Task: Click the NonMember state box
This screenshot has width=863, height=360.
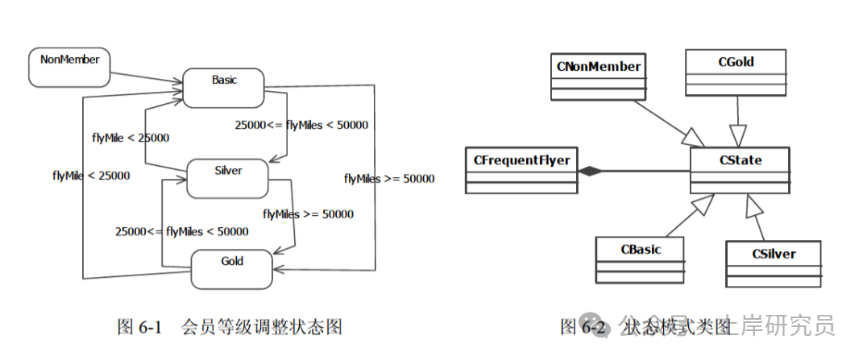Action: (x=68, y=68)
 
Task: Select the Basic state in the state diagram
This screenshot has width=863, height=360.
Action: (x=224, y=87)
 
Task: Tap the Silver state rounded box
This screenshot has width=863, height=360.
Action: (x=227, y=178)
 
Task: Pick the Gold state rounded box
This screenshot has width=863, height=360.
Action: (x=231, y=268)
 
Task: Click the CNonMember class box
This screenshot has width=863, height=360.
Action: (x=598, y=76)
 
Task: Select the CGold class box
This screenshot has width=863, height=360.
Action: (x=735, y=72)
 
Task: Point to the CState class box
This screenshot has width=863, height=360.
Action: (x=740, y=170)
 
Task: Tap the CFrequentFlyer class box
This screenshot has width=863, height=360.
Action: (x=521, y=170)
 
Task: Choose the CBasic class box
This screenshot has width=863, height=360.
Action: (x=640, y=259)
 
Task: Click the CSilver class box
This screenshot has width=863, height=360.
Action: (x=773, y=263)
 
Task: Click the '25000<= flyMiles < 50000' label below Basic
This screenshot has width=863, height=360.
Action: (x=301, y=125)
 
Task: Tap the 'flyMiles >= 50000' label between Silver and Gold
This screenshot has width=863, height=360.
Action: (x=308, y=214)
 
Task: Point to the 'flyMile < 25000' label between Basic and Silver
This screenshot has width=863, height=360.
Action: (x=131, y=138)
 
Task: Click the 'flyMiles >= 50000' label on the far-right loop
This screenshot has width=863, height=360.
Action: (x=388, y=179)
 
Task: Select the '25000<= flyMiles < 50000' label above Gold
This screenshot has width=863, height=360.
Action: (x=181, y=231)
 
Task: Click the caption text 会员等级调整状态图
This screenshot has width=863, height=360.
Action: (x=262, y=328)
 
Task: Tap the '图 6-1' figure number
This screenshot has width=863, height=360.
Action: (x=140, y=328)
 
